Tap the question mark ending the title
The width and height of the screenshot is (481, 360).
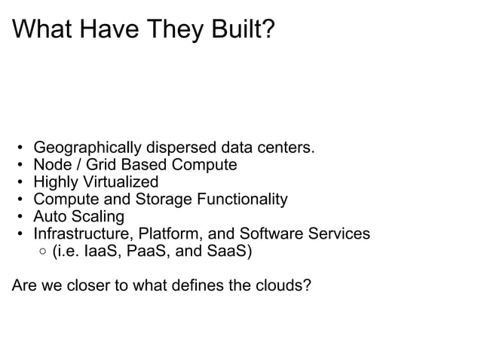coord(268,30)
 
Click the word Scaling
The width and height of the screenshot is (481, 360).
coord(98,217)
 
